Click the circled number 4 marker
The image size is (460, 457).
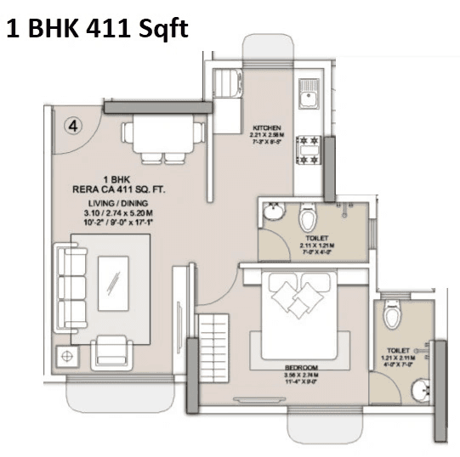pos(74,126)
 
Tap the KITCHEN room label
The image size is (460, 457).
pos(266,127)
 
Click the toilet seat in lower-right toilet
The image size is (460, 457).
pos(392,316)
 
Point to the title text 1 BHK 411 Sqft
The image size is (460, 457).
pos(96,29)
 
